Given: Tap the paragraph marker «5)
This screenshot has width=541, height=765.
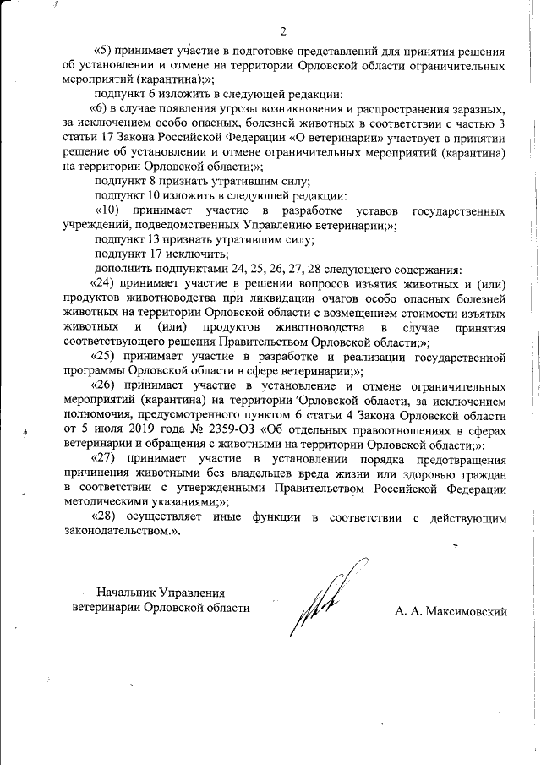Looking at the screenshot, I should click(103, 51).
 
